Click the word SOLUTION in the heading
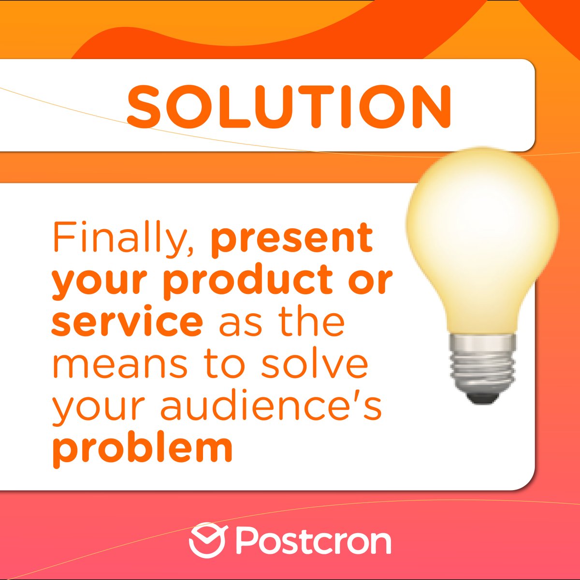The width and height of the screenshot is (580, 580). point(289,107)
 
